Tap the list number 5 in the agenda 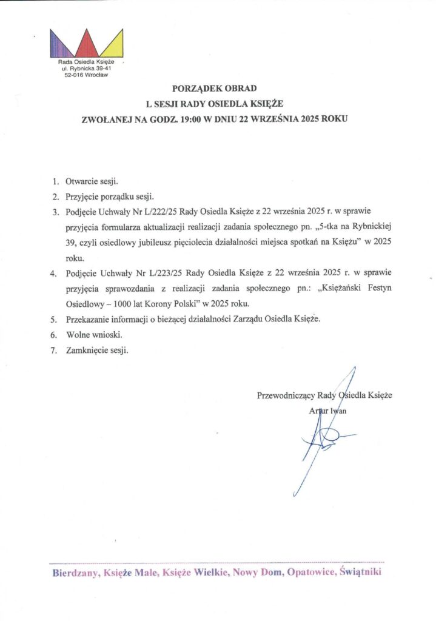[x=54, y=319]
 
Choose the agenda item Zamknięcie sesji [x=97, y=351]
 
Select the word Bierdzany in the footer [x=75, y=572]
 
